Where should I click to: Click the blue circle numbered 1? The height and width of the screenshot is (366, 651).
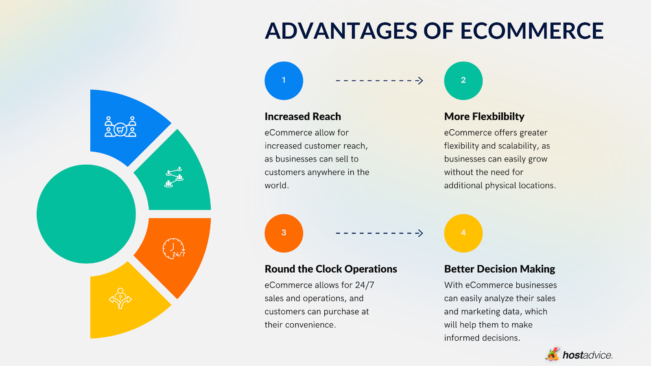[284, 81]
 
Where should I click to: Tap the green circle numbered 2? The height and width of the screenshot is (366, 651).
[463, 81]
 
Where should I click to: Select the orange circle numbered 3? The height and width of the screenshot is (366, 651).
[284, 233]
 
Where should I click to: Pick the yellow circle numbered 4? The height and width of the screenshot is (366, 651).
[463, 233]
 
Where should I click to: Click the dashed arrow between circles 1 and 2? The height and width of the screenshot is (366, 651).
[379, 81]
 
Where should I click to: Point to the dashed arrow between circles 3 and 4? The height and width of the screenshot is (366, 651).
[379, 233]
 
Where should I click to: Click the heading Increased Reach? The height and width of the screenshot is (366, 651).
[303, 116]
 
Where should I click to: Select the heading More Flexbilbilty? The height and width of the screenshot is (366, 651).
[484, 116]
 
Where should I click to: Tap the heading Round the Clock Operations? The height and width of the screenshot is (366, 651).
[331, 269]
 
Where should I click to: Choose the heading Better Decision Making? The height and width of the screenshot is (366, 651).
[500, 269]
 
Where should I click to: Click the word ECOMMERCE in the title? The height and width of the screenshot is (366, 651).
[532, 31]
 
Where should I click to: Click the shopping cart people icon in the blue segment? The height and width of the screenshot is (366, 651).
[120, 126]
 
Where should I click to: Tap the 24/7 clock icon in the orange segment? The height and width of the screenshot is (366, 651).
[174, 248]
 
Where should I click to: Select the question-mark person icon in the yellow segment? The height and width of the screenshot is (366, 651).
[120, 298]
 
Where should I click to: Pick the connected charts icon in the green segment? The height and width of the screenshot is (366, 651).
[174, 177]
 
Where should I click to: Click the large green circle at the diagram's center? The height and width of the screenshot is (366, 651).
[86, 214]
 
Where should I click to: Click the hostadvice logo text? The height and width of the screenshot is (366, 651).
[588, 355]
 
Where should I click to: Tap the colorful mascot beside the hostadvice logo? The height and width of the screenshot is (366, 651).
[553, 354]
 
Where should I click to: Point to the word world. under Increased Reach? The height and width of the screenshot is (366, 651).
[276, 185]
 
